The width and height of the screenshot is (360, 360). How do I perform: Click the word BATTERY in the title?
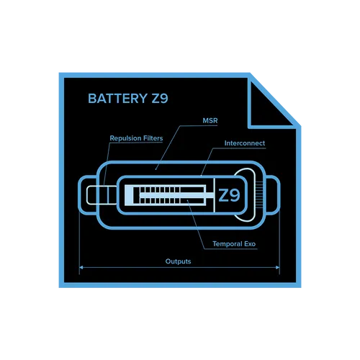click(117, 99)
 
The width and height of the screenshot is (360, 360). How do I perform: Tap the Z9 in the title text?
click(160, 99)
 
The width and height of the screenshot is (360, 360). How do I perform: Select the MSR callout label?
click(210, 120)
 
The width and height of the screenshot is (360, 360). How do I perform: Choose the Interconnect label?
click(245, 143)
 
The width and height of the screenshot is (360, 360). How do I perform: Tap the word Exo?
click(250, 244)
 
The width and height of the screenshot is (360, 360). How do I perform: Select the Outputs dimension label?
click(178, 261)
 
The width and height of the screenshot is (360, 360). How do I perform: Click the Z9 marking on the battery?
click(229, 195)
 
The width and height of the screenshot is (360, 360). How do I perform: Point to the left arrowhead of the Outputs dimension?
click(81, 267)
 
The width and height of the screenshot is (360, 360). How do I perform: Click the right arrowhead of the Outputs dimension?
click(278, 267)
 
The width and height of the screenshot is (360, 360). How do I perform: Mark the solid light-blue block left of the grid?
click(129, 195)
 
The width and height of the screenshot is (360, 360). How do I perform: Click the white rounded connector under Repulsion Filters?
click(87, 195)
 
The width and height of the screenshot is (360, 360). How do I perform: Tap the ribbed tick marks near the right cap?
click(259, 194)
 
